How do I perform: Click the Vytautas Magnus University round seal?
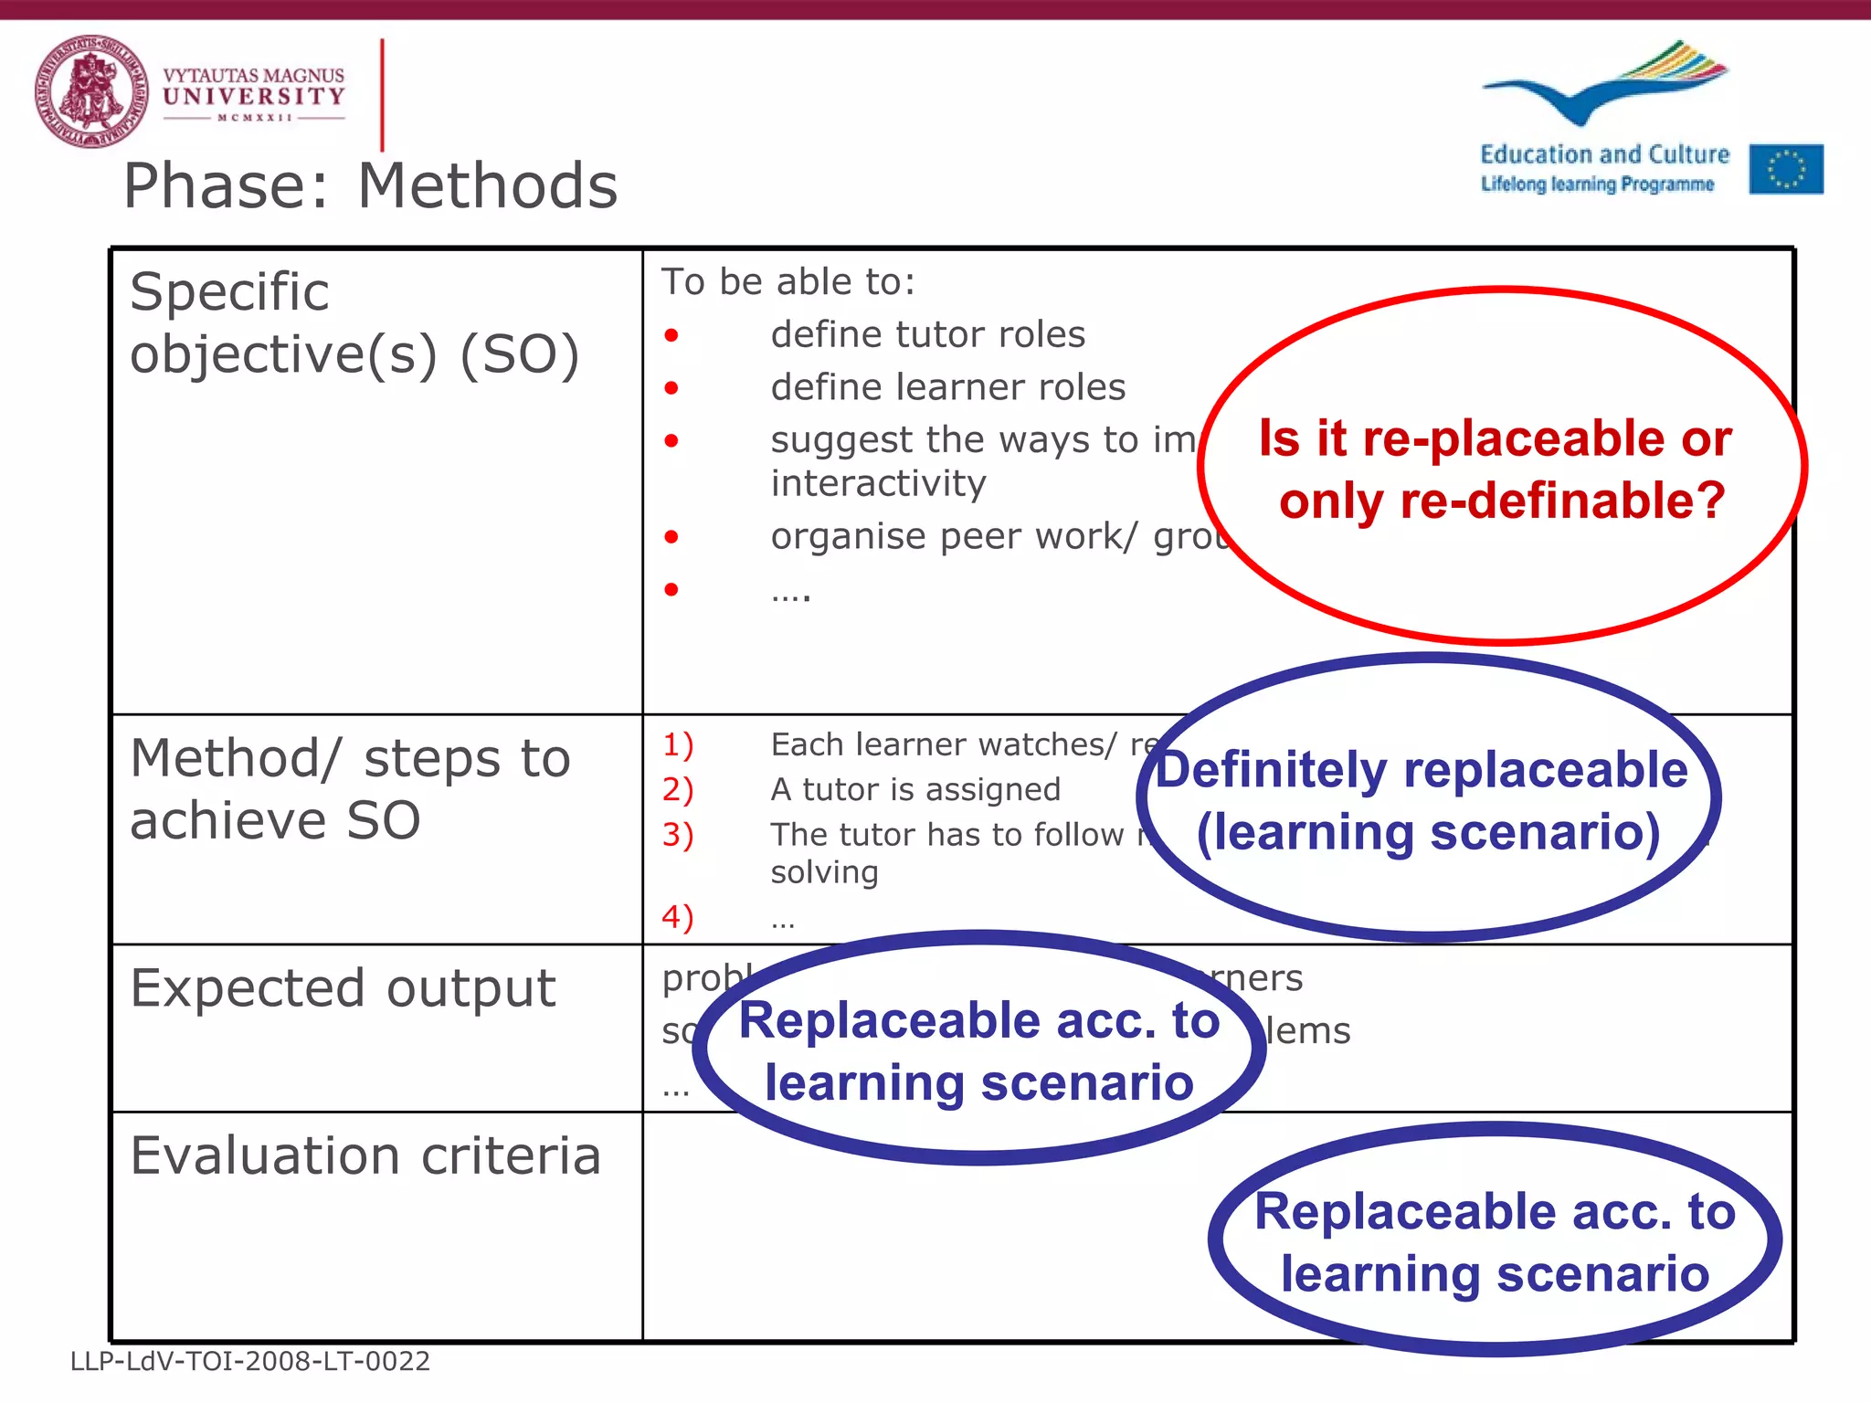pos(91,92)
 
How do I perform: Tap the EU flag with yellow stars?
pos(1786,169)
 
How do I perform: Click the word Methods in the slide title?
pos(488,186)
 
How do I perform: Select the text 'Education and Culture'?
pos(1604,154)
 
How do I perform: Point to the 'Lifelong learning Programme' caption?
pos(1597,185)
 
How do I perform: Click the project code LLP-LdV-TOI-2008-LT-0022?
pos(250,1362)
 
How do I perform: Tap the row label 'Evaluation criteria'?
pos(365,1156)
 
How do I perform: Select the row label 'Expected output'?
pos(343,988)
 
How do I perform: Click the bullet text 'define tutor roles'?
pos(927,335)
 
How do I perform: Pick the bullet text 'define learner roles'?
pos(947,388)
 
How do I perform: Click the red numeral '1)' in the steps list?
pos(678,745)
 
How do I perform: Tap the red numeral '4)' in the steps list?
pos(678,917)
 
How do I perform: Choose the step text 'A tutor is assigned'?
pos(915,790)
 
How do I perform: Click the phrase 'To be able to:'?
pos(788,282)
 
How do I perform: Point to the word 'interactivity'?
pos(878,483)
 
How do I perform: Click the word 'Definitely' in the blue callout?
pos(1272,770)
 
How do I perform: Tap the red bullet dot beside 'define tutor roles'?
pos(671,336)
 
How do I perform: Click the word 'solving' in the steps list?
pos(824,873)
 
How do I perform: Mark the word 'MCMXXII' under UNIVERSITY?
pos(254,118)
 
